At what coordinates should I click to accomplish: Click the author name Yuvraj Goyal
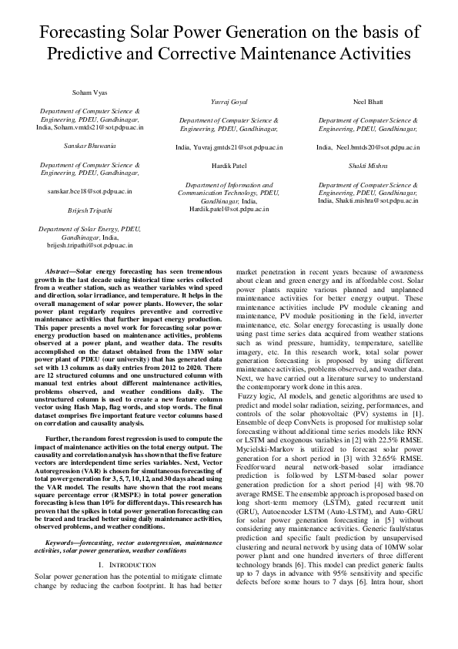coord(229,102)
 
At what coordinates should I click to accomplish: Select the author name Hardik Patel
coord(229,166)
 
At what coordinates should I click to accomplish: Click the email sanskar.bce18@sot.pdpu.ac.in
coord(89,190)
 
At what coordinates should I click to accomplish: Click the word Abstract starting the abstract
coord(59,272)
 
